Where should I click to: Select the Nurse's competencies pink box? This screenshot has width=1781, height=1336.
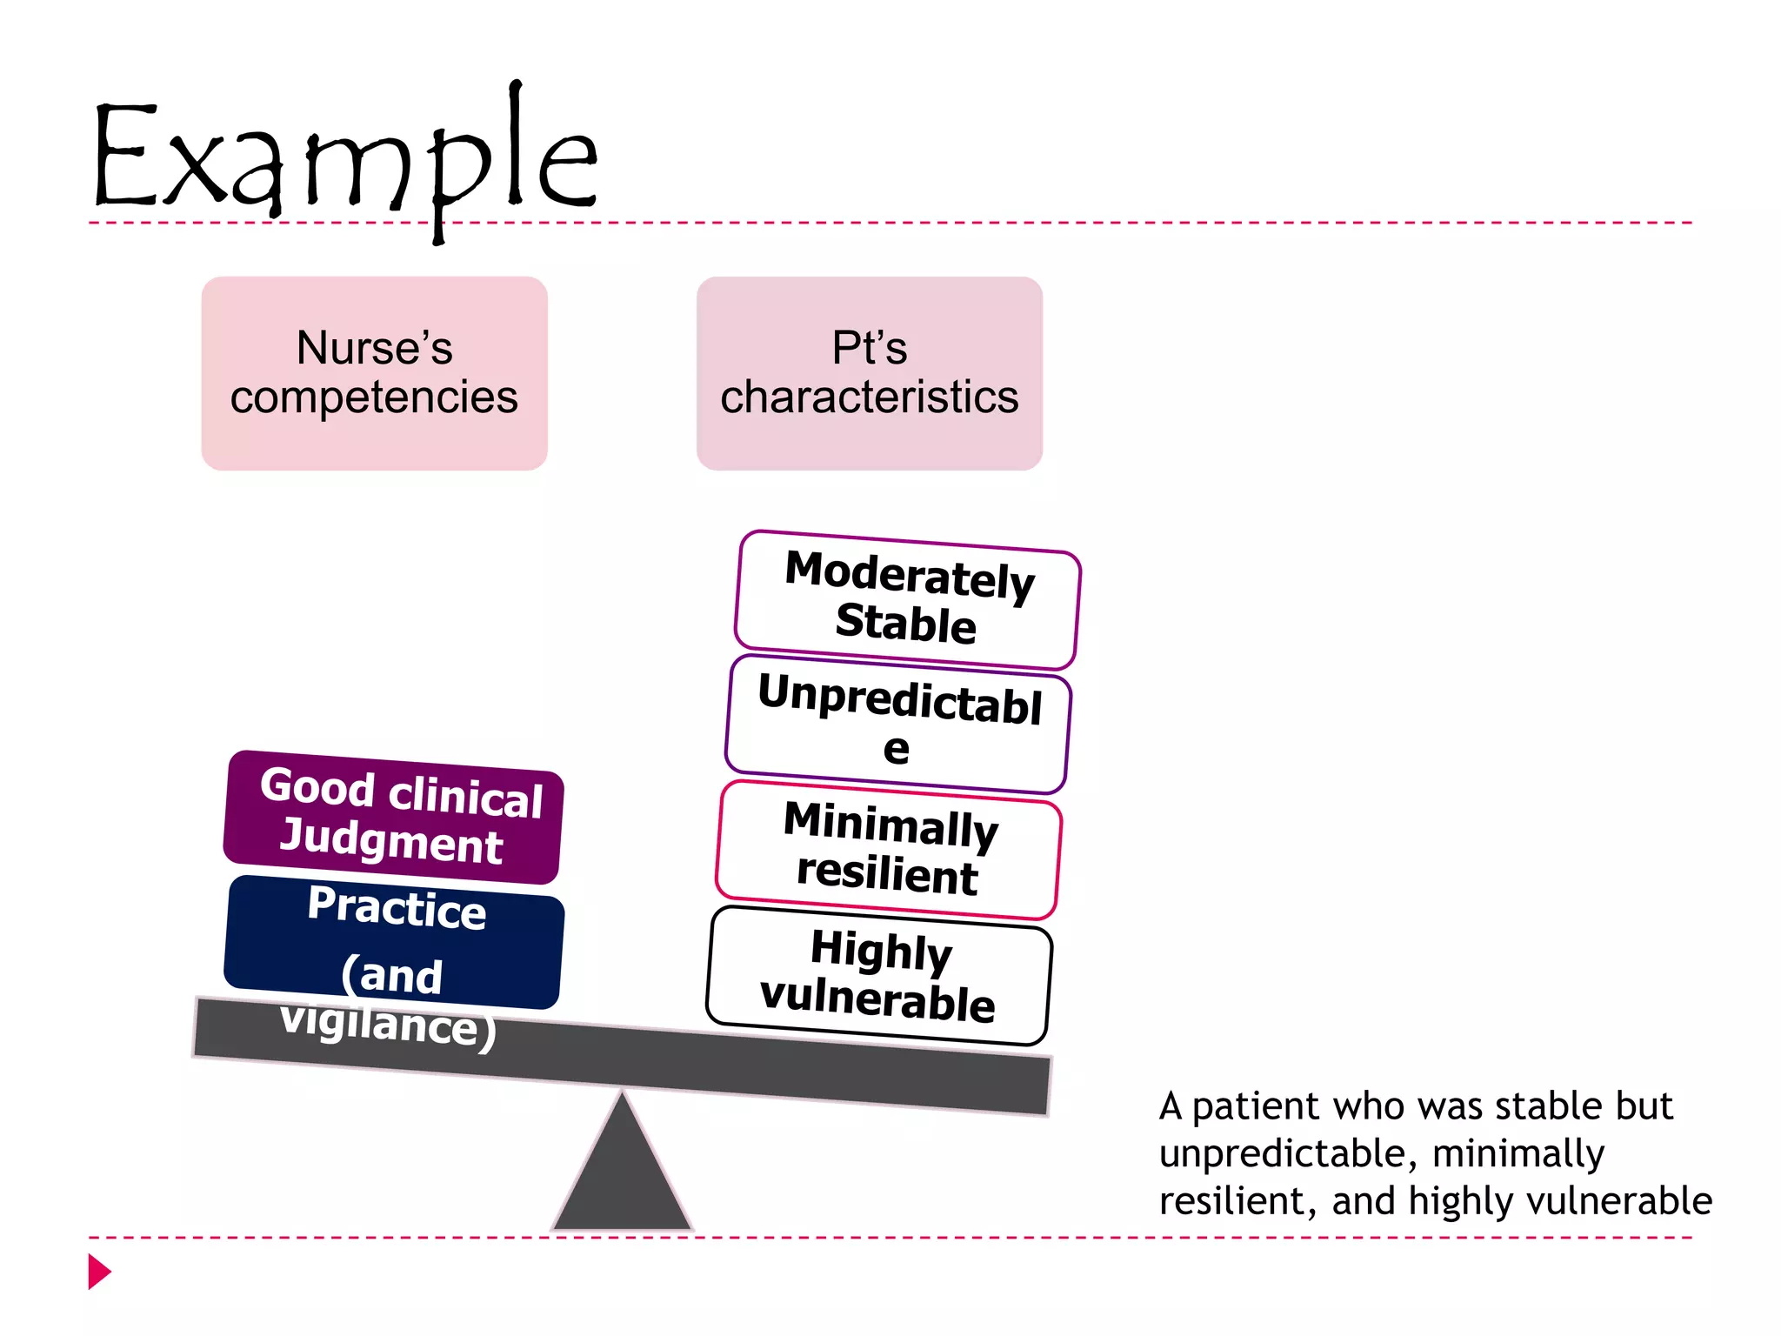374,373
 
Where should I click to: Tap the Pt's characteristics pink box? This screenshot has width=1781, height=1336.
869,373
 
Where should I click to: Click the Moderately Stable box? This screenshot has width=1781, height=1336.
907,599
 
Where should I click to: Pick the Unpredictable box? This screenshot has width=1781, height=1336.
897,723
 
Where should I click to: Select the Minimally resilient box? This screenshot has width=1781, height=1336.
888,849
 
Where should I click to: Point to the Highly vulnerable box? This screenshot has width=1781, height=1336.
878,975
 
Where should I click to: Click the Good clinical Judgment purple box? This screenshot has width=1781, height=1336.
393,817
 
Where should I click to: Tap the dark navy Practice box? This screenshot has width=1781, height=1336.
393,941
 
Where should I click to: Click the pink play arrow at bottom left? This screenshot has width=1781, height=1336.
99,1271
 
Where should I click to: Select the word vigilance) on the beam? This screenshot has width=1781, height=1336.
388,1024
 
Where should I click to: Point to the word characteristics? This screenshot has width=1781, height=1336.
869,397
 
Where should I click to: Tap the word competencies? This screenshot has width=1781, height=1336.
374,397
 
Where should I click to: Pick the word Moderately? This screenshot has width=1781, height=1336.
910,574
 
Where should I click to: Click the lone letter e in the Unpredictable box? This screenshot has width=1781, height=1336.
896,750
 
